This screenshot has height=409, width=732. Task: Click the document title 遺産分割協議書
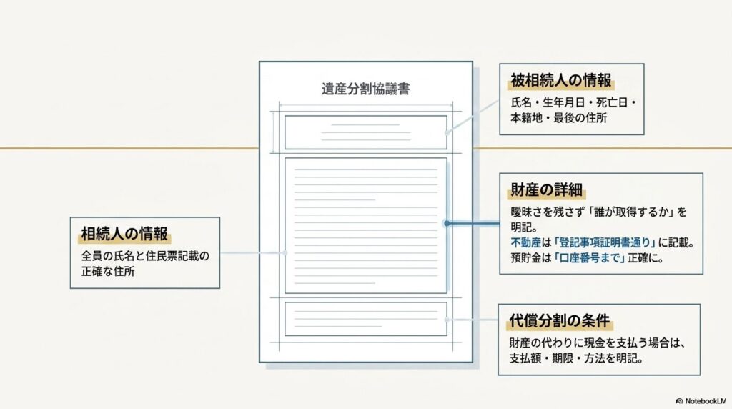click(365, 89)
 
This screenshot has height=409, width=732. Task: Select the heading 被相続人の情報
click(560, 80)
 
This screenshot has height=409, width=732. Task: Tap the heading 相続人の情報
click(124, 234)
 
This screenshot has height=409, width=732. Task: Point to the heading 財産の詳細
click(546, 189)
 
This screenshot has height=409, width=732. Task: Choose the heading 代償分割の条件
click(559, 321)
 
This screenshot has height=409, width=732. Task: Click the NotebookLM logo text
click(701, 401)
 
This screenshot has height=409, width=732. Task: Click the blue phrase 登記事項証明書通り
click(605, 243)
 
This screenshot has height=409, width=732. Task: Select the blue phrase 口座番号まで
click(590, 258)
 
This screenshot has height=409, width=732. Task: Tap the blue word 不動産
click(525, 243)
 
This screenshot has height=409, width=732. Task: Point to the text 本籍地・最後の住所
click(558, 118)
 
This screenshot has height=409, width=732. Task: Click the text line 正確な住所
click(108, 272)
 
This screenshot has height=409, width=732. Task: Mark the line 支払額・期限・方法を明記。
click(577, 358)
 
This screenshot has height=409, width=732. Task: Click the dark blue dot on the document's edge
click(447, 224)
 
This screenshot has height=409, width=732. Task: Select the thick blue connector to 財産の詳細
click(473, 224)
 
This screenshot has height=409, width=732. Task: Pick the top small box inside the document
click(365, 132)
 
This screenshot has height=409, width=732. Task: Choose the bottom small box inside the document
click(365, 320)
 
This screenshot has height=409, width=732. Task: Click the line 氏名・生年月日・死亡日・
click(573, 103)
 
